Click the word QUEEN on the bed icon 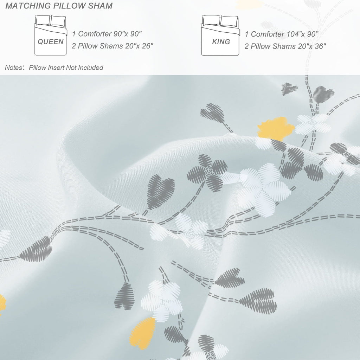(x=51, y=42)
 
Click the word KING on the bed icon (x=221, y=42)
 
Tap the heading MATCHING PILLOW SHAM (x=59, y=6)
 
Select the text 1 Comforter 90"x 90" (x=107, y=34)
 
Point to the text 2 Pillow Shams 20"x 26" (x=112, y=46)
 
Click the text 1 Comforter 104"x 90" (x=282, y=34)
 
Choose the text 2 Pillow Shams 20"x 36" (x=285, y=46)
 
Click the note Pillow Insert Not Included (x=66, y=68)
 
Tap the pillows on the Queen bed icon (x=51, y=21)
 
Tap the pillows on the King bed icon (x=220, y=21)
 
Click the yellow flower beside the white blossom (x=276, y=129)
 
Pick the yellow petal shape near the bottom (x=143, y=333)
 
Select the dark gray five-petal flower (x=207, y=173)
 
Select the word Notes (x=14, y=68)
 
